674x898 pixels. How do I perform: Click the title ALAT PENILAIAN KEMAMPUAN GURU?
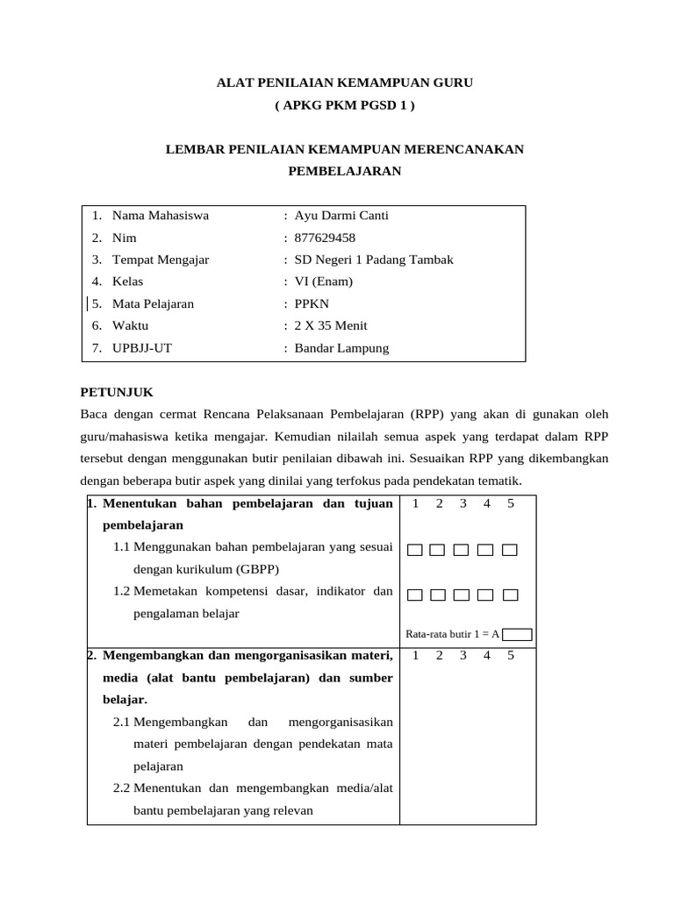pos(345,82)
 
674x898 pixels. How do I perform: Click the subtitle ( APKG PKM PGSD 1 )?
pos(345,105)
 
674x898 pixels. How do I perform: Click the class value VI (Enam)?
pos(324,282)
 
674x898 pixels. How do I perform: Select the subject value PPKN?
pos(312,304)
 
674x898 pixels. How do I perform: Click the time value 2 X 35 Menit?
pos(332,325)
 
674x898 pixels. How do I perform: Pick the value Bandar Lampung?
pos(341,348)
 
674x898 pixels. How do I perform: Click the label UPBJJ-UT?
pos(142,348)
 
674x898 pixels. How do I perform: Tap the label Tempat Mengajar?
pos(161,260)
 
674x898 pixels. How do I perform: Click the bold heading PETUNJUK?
pos(117,392)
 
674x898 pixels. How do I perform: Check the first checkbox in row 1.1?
pos(415,550)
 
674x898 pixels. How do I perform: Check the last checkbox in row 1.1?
pos(510,550)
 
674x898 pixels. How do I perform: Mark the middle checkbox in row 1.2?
pos(462,595)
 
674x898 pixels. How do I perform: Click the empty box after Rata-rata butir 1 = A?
pos(518,634)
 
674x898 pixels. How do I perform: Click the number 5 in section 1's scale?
pos(510,503)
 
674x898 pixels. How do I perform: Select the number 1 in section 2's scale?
pos(415,655)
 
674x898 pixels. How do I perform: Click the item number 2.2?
pos(121,788)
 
